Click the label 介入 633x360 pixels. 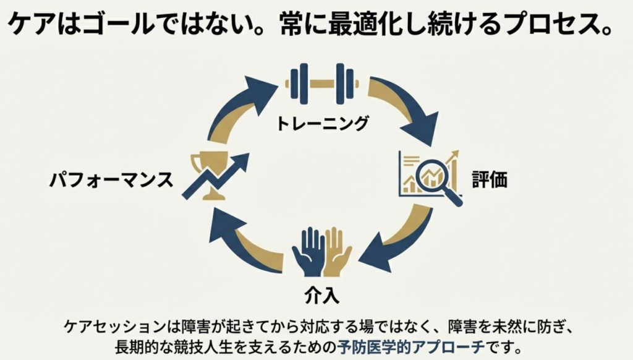pyautogui.click(x=322, y=295)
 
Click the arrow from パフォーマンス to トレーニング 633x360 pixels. pyautogui.click(x=238, y=105)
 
